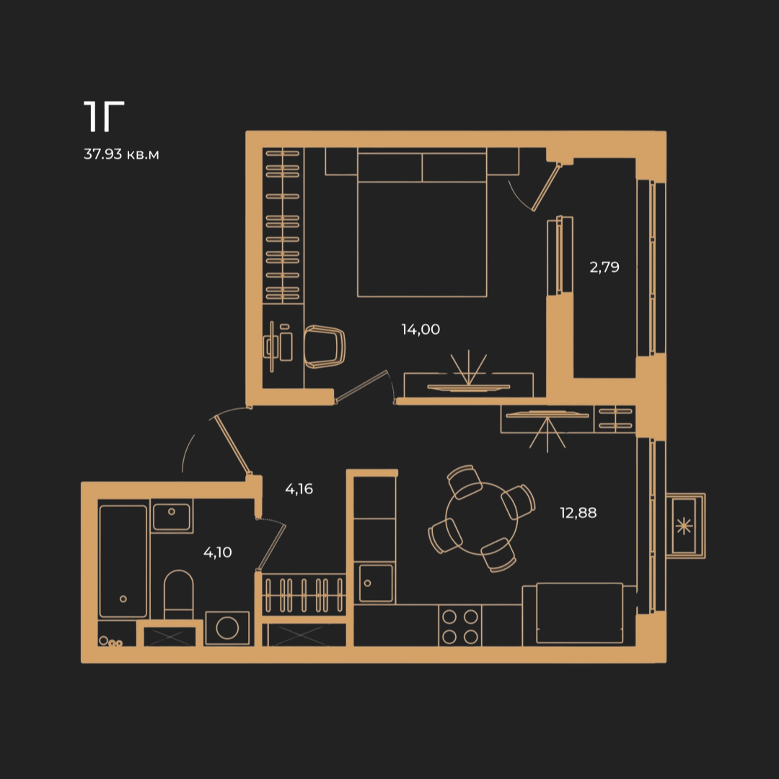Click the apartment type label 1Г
[x=104, y=116]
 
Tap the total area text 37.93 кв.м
[x=121, y=154]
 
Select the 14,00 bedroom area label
[x=421, y=330]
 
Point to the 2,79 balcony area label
[x=604, y=268]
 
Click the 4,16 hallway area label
[x=299, y=489]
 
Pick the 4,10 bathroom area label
[x=218, y=552]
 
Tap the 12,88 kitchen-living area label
[x=578, y=513]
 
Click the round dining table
[x=481, y=518]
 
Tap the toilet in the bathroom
[x=178, y=594]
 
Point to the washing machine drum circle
[x=227, y=628]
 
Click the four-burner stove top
[x=460, y=626]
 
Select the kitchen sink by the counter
[x=376, y=583]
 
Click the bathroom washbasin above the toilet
[x=172, y=516]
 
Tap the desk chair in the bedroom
[x=325, y=347]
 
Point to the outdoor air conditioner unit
[x=685, y=526]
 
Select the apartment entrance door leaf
[x=232, y=445]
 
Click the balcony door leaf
[x=547, y=187]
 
